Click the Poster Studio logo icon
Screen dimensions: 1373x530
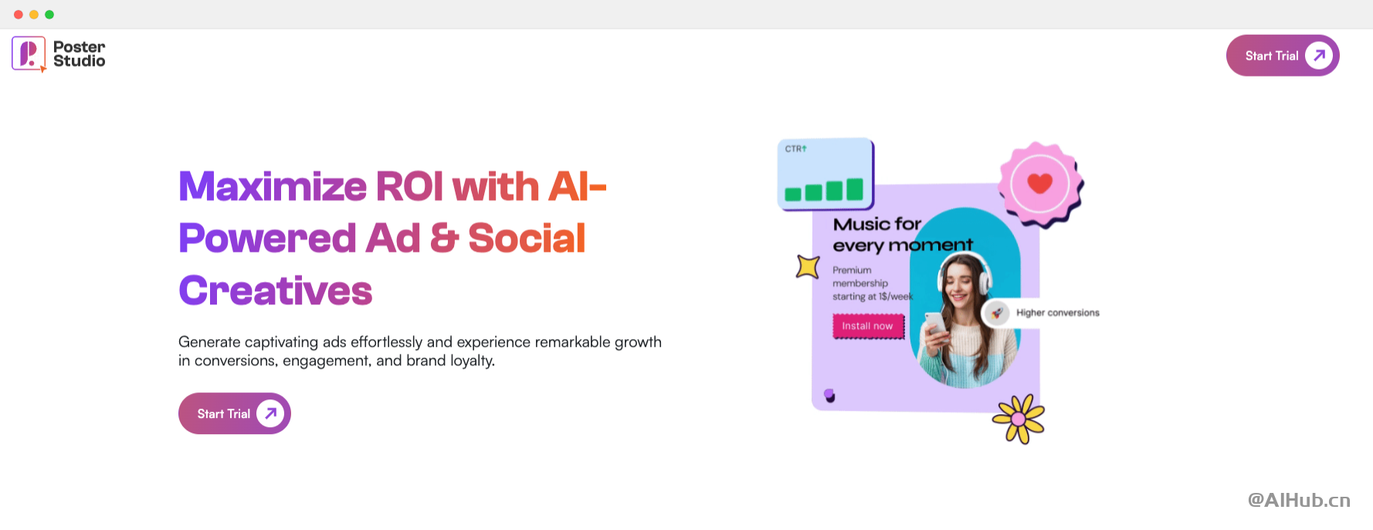[29, 54]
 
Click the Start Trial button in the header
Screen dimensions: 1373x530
[1283, 56]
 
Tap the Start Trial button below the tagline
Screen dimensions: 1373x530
[235, 413]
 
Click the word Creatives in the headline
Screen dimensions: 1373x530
[276, 290]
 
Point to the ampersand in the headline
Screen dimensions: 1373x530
[444, 238]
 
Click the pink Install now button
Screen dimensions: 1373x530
[868, 326]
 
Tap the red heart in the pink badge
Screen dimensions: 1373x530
[1039, 183]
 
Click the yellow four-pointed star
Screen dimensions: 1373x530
[808, 267]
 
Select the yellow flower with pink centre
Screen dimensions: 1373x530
[1019, 419]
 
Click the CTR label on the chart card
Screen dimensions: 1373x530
[795, 148]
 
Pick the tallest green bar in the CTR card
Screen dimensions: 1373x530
[854, 189]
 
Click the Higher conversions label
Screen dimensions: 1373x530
[1057, 313]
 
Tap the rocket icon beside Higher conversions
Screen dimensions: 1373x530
[997, 313]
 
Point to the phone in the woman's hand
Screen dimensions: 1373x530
[935, 324]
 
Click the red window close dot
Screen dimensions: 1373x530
[19, 15]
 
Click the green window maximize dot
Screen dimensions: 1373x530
[49, 15]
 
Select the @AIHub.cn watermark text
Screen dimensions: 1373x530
[1299, 500]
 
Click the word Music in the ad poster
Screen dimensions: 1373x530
[862, 224]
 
